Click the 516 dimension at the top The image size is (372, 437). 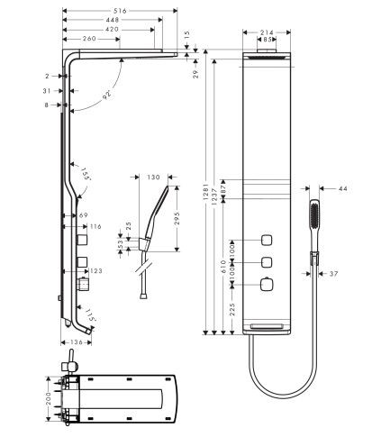pos(117,7)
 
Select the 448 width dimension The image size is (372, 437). pos(112,18)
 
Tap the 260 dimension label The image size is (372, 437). pos(90,40)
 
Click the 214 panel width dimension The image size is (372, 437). pos(267,32)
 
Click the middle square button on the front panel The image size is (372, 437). pos(268,263)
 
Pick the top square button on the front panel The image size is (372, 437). pos(268,240)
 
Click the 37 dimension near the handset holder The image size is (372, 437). pos(333,273)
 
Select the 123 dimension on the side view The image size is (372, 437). pos(96,269)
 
